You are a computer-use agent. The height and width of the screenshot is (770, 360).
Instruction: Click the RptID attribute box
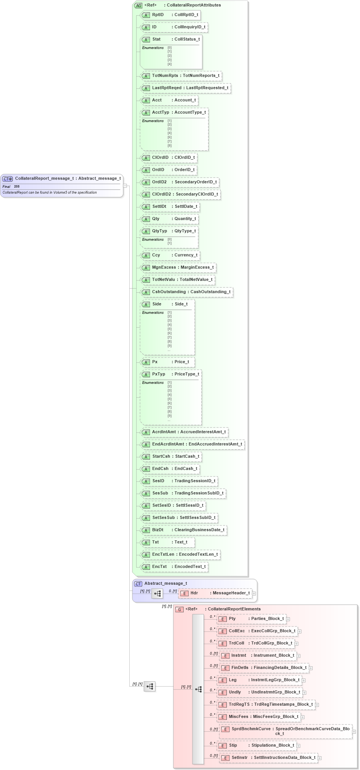[x=170, y=15]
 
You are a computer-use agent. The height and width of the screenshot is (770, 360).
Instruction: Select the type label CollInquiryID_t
[x=190, y=27]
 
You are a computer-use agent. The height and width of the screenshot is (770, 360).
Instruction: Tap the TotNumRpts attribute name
[x=165, y=76]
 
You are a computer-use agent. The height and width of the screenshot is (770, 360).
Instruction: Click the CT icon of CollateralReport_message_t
[x=8, y=179]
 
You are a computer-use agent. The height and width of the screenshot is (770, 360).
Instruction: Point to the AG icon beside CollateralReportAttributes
[x=138, y=5]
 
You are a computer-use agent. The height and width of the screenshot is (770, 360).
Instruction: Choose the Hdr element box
[x=215, y=593]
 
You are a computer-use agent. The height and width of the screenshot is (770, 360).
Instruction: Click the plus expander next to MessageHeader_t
[x=254, y=594]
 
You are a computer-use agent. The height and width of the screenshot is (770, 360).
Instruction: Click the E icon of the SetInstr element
[x=225, y=758]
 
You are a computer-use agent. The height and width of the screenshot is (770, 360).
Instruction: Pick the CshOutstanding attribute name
[x=169, y=292]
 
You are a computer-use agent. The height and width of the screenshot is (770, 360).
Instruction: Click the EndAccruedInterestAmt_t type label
[x=215, y=444]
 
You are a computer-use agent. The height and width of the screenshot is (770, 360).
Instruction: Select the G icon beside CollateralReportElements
[x=179, y=609]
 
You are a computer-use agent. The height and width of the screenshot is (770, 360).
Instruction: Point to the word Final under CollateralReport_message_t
[x=7, y=187]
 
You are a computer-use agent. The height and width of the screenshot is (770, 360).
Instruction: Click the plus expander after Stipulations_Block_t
[x=298, y=746]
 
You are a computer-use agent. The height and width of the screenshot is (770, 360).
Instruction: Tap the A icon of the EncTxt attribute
[x=146, y=567]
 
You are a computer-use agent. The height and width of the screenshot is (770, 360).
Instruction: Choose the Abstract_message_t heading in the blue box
[x=166, y=584]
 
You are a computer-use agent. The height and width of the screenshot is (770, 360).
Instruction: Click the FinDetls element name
[x=240, y=668]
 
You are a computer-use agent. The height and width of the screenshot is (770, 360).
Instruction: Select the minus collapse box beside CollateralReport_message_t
[x=125, y=186]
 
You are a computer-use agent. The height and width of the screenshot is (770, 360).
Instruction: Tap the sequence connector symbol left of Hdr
[x=157, y=594]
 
